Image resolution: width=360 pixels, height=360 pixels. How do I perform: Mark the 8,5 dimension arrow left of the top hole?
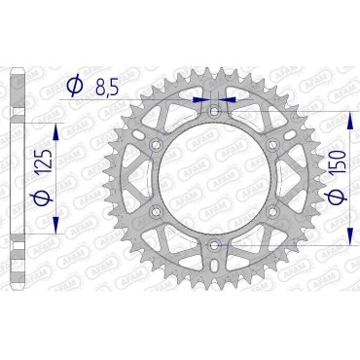point(201,98)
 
